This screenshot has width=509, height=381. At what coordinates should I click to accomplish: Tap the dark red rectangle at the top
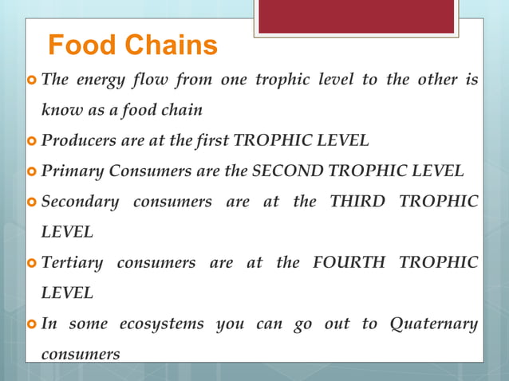coord(356,17)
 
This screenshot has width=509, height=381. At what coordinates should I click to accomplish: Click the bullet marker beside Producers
coord(32,142)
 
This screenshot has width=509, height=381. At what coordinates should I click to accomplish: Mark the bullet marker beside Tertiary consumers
coord(32,263)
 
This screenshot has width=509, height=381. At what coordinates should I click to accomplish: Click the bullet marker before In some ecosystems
coord(32,324)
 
